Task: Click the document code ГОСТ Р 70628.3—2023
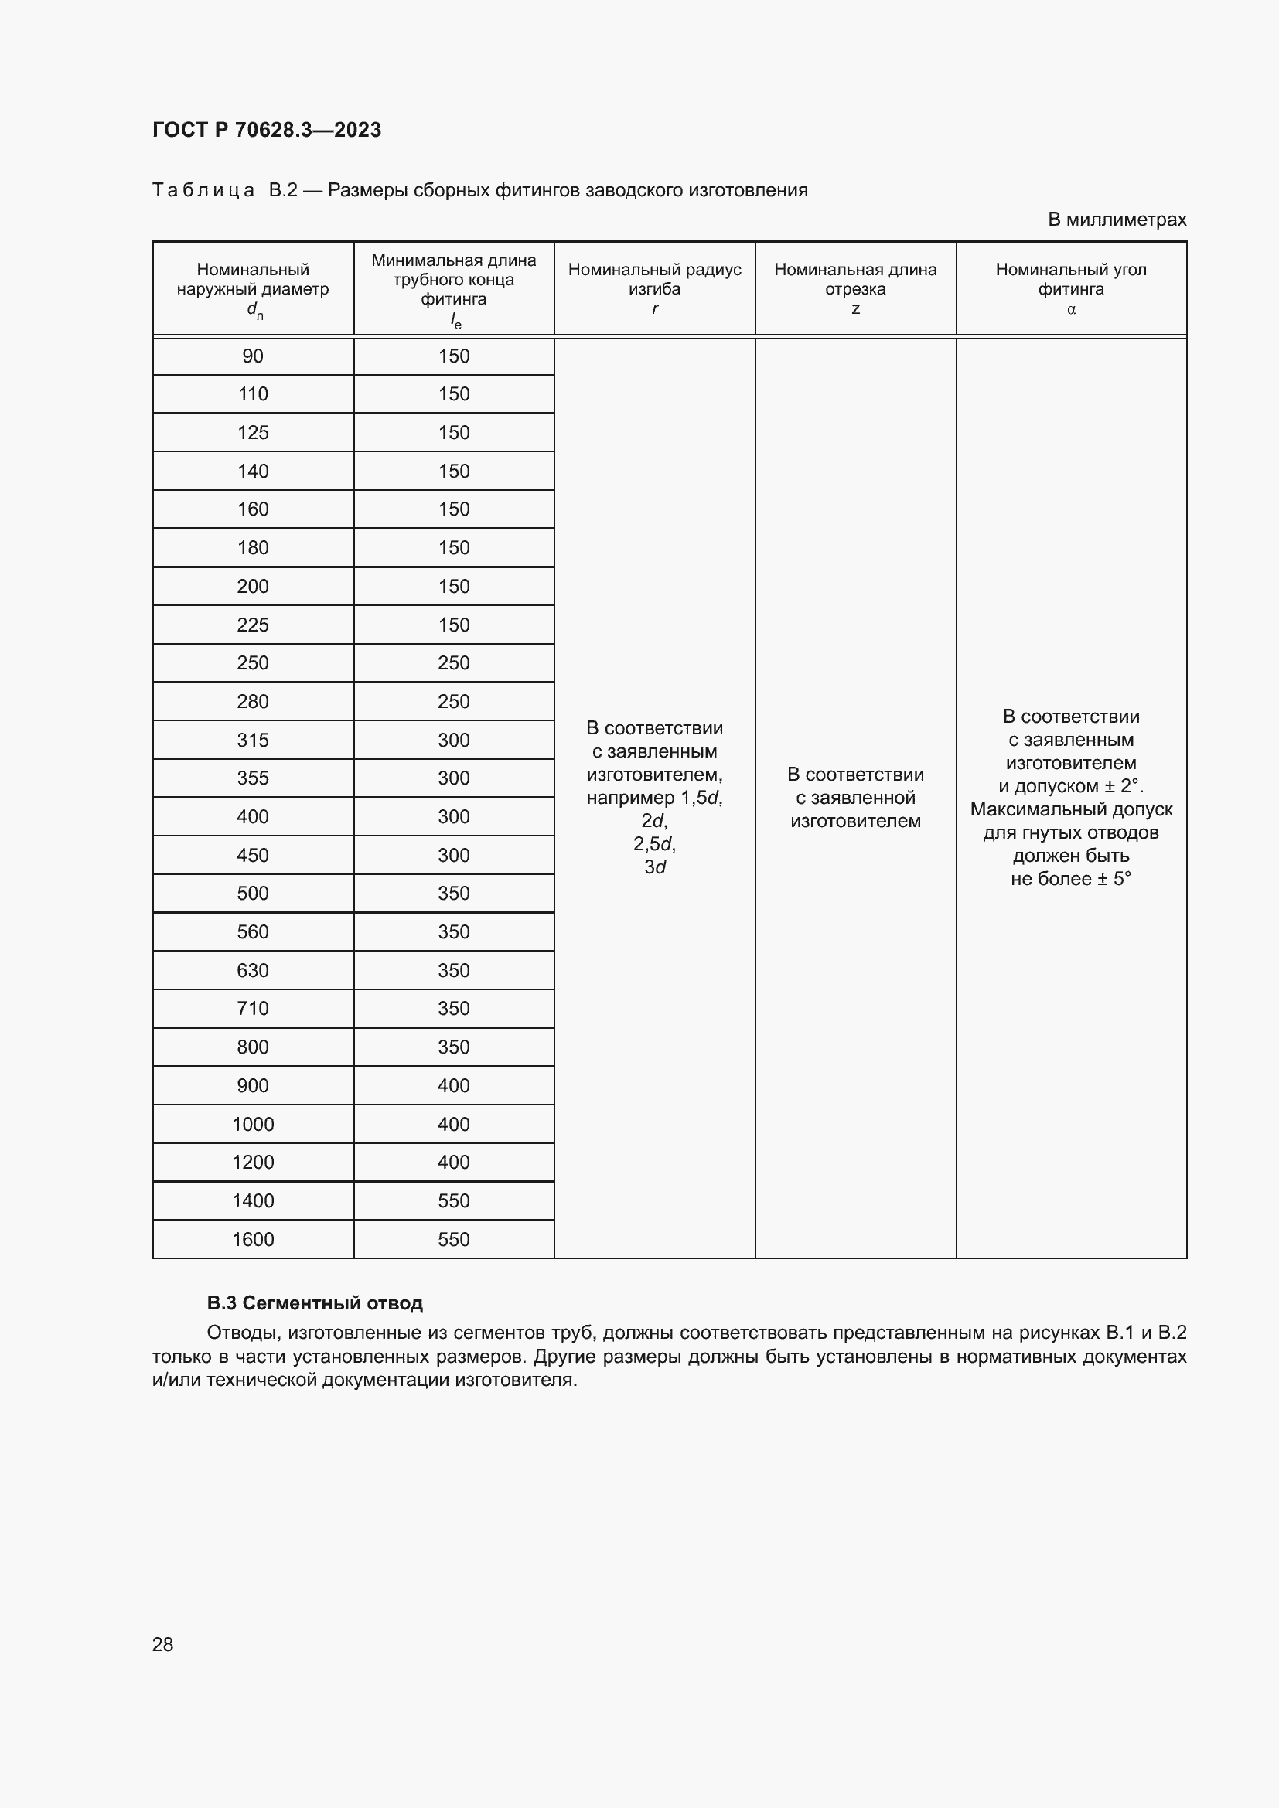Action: pyautogui.click(x=266, y=130)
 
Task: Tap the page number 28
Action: pyautogui.click(x=162, y=1644)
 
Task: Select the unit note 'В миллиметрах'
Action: pyautogui.click(x=1116, y=220)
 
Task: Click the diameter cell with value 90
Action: pyautogui.click(x=253, y=356)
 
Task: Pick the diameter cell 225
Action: pyautogui.click(x=253, y=625)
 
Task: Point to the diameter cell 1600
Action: pyautogui.click(x=253, y=1239)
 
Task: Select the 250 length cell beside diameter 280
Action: pyautogui.click(x=454, y=702)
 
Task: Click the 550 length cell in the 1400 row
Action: pyautogui.click(x=454, y=1201)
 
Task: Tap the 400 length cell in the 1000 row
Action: pyautogui.click(x=454, y=1124)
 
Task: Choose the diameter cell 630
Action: pyautogui.click(x=253, y=970)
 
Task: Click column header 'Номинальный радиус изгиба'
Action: pyautogui.click(x=654, y=280)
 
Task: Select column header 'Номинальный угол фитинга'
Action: pyautogui.click(x=1070, y=280)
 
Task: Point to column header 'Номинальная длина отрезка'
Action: pyautogui.click(x=855, y=280)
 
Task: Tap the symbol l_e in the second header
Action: pyautogui.click(x=455, y=321)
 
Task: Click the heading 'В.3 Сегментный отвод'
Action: pyautogui.click(x=315, y=1303)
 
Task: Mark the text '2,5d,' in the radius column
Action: pyautogui.click(x=654, y=844)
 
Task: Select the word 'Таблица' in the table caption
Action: pyautogui.click(x=203, y=191)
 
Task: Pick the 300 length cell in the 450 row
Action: pyautogui.click(x=454, y=855)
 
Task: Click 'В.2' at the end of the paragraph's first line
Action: pyautogui.click(x=1171, y=1333)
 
